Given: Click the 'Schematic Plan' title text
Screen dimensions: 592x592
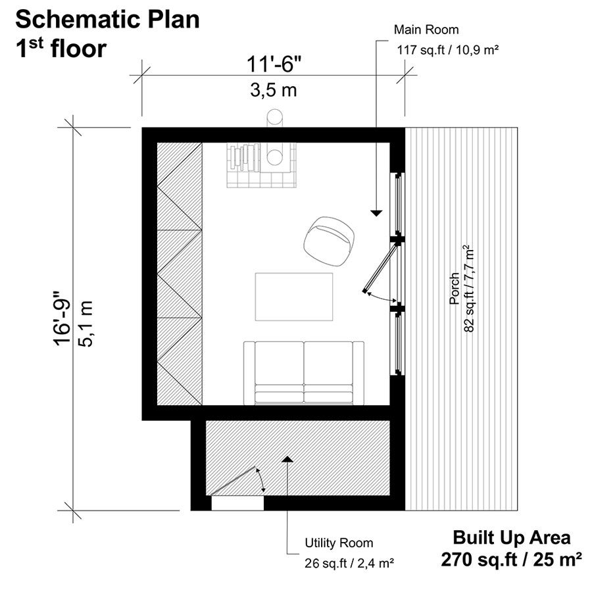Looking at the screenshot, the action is click(x=108, y=20).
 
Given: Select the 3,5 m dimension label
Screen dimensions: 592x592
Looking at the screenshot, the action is click(x=274, y=91).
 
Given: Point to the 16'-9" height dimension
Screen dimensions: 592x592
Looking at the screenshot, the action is click(x=62, y=318).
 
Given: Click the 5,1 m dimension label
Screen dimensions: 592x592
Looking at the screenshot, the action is click(x=86, y=324).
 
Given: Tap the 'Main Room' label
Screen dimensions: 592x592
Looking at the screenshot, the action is click(x=426, y=30).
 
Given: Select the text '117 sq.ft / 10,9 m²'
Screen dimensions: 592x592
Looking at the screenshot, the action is click(x=448, y=49).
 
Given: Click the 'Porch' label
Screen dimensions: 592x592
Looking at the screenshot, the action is click(x=454, y=289).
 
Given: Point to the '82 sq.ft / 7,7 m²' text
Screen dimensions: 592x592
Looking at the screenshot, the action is click(x=468, y=289).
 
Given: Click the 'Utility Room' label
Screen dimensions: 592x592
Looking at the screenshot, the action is click(x=339, y=543).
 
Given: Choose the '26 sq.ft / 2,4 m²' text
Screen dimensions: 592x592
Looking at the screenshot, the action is click(x=349, y=563).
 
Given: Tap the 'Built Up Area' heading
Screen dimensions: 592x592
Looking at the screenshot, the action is click(x=512, y=537).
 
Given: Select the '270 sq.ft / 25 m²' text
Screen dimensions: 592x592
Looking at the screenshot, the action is click(x=511, y=559).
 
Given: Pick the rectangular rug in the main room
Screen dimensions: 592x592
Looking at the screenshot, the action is click(x=294, y=297).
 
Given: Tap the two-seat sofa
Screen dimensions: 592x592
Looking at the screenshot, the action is click(x=303, y=373).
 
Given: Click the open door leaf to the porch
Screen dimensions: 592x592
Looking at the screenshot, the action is click(x=380, y=268).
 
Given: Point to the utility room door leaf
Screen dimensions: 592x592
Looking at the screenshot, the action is click(x=234, y=480).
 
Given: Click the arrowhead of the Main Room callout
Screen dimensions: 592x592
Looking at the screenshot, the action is click(x=376, y=213).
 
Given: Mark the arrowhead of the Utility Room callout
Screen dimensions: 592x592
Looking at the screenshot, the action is click(x=287, y=459).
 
